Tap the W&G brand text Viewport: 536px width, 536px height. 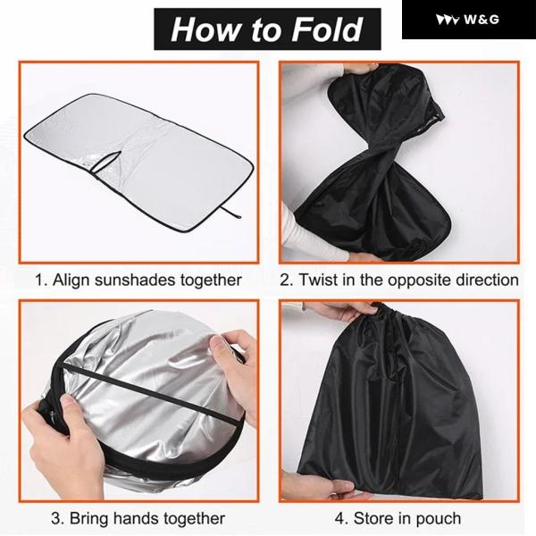click(x=482, y=20)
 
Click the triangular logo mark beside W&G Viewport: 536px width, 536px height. click(x=448, y=20)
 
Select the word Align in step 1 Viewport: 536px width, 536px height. click(x=71, y=280)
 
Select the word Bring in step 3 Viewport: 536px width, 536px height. click(x=88, y=518)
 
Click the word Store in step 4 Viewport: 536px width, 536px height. click(x=373, y=518)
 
